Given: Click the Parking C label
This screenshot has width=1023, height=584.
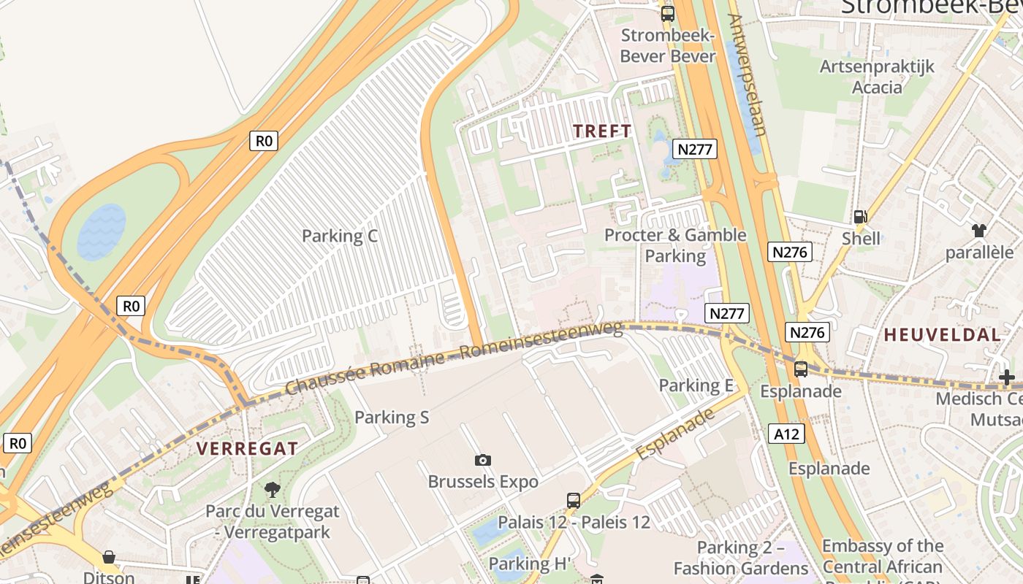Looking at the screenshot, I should pyautogui.click(x=339, y=236).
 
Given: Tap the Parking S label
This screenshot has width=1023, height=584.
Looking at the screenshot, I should pyautogui.click(x=391, y=417).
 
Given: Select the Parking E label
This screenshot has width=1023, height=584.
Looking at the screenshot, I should pyautogui.click(x=696, y=385).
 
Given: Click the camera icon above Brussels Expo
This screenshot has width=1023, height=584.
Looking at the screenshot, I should pyautogui.click(x=482, y=460).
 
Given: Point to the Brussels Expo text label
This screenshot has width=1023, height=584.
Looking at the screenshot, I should pyautogui.click(x=482, y=482).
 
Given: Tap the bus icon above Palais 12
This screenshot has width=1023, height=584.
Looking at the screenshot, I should pyautogui.click(x=574, y=501).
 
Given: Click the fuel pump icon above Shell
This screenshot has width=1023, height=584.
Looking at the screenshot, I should pyautogui.click(x=860, y=217).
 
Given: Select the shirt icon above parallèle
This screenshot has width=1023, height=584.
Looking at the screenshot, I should pyautogui.click(x=979, y=231).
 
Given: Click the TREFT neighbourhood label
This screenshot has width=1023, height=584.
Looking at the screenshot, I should pyautogui.click(x=602, y=131).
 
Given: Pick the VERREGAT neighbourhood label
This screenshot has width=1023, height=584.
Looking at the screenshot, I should pyautogui.click(x=247, y=448).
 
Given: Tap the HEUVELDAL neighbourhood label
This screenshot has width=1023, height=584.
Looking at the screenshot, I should pyautogui.click(x=942, y=335).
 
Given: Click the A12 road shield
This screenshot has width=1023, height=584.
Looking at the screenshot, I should pyautogui.click(x=786, y=434).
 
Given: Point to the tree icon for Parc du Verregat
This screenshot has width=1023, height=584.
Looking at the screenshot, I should pyautogui.click(x=273, y=489).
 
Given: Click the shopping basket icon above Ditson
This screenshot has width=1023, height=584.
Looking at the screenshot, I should pyautogui.click(x=109, y=557).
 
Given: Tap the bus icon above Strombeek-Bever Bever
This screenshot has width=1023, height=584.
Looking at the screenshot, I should pyautogui.click(x=667, y=14).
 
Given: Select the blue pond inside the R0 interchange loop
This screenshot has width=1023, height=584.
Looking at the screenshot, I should pyautogui.click(x=102, y=231).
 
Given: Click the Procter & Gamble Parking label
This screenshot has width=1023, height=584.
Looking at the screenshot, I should pyautogui.click(x=675, y=245).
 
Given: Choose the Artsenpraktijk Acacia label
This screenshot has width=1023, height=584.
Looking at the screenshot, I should pyautogui.click(x=877, y=77).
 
